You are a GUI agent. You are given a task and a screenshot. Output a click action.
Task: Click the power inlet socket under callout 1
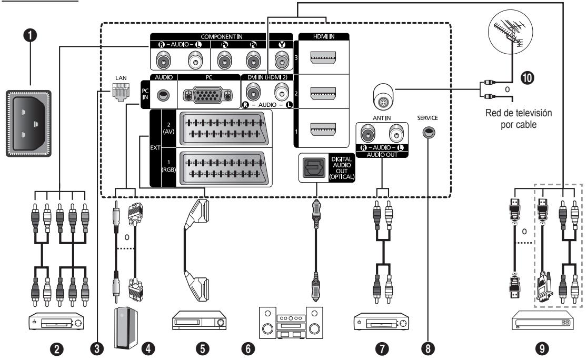28,123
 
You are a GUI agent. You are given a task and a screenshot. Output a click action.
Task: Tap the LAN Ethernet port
121,92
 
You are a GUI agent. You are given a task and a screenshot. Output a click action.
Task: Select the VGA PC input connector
208,95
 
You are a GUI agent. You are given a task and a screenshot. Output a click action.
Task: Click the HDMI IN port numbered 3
323,57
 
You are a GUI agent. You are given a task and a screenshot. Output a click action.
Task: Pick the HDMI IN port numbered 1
323,129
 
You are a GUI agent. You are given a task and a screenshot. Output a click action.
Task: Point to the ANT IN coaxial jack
383,96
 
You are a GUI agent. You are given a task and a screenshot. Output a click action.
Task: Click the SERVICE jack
429,133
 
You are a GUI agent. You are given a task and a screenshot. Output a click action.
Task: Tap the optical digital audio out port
314,168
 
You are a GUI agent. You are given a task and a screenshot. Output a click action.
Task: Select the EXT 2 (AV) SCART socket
224,128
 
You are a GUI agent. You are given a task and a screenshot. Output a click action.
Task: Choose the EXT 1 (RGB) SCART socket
224,168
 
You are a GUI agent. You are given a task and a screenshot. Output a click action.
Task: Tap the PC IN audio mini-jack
163,95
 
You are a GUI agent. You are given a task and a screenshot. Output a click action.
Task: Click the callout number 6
248,349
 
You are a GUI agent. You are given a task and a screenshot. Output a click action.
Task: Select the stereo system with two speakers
291,323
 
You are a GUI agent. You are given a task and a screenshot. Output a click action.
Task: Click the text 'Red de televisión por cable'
519,118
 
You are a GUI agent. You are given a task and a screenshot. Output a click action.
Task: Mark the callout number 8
428,349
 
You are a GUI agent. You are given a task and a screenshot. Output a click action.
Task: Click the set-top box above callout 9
542,321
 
